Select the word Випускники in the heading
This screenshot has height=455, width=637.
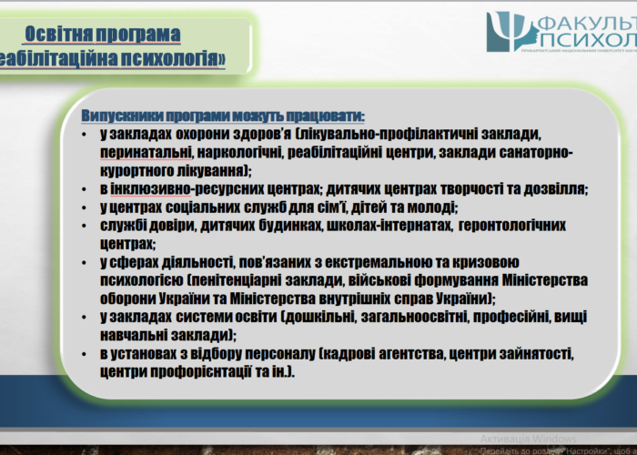(x=123, y=116)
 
